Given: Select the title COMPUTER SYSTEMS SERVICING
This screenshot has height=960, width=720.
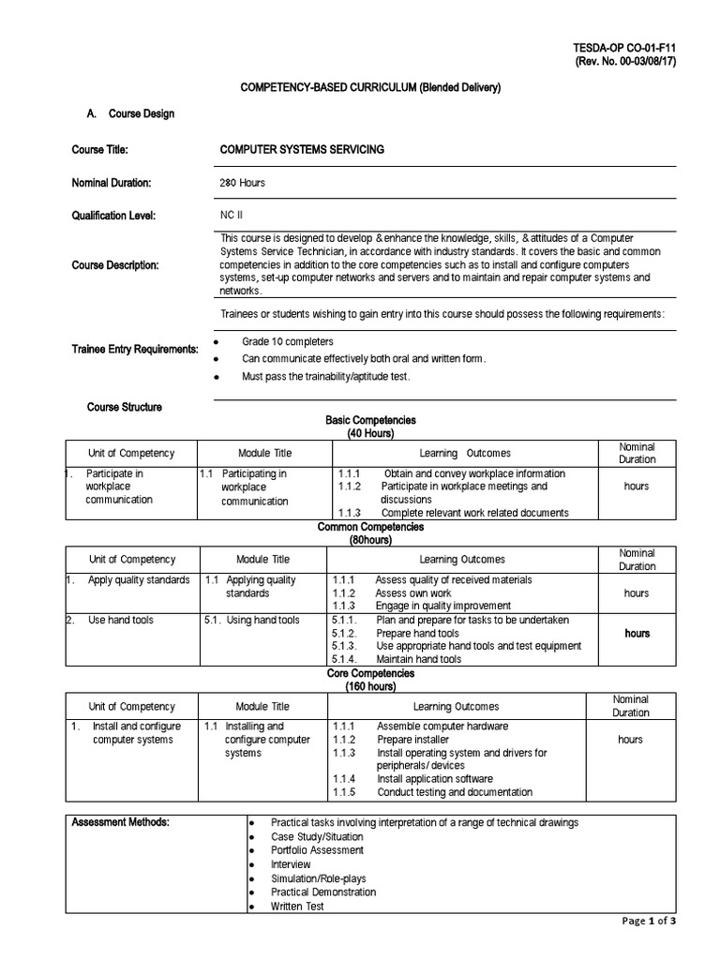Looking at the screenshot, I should point(301,149).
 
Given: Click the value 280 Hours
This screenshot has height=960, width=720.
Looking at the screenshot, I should point(242,183).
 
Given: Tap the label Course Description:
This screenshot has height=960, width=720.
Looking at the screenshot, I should point(115,265).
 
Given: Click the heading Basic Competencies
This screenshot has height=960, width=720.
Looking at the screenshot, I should point(370,421).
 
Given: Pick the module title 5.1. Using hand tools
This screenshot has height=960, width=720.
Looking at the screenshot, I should point(251,620).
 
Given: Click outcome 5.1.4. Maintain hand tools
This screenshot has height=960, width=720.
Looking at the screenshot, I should point(418,659).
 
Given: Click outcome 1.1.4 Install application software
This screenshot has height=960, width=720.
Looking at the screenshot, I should point(434,778).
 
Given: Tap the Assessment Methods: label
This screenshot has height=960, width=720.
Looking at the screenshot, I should point(121,822).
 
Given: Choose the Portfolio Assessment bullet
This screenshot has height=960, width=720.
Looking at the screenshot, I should point(317,850).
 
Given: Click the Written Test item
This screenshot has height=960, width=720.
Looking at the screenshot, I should point(297,907).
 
